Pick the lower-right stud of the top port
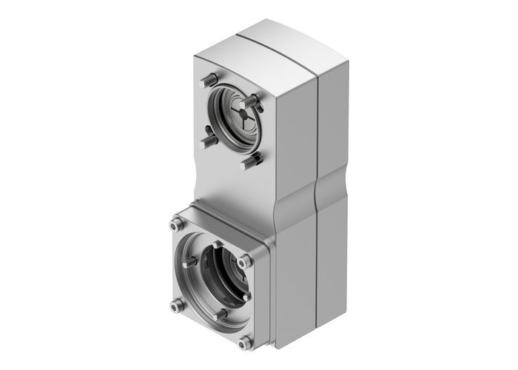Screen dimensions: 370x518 251,159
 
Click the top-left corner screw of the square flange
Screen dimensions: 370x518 175,225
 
